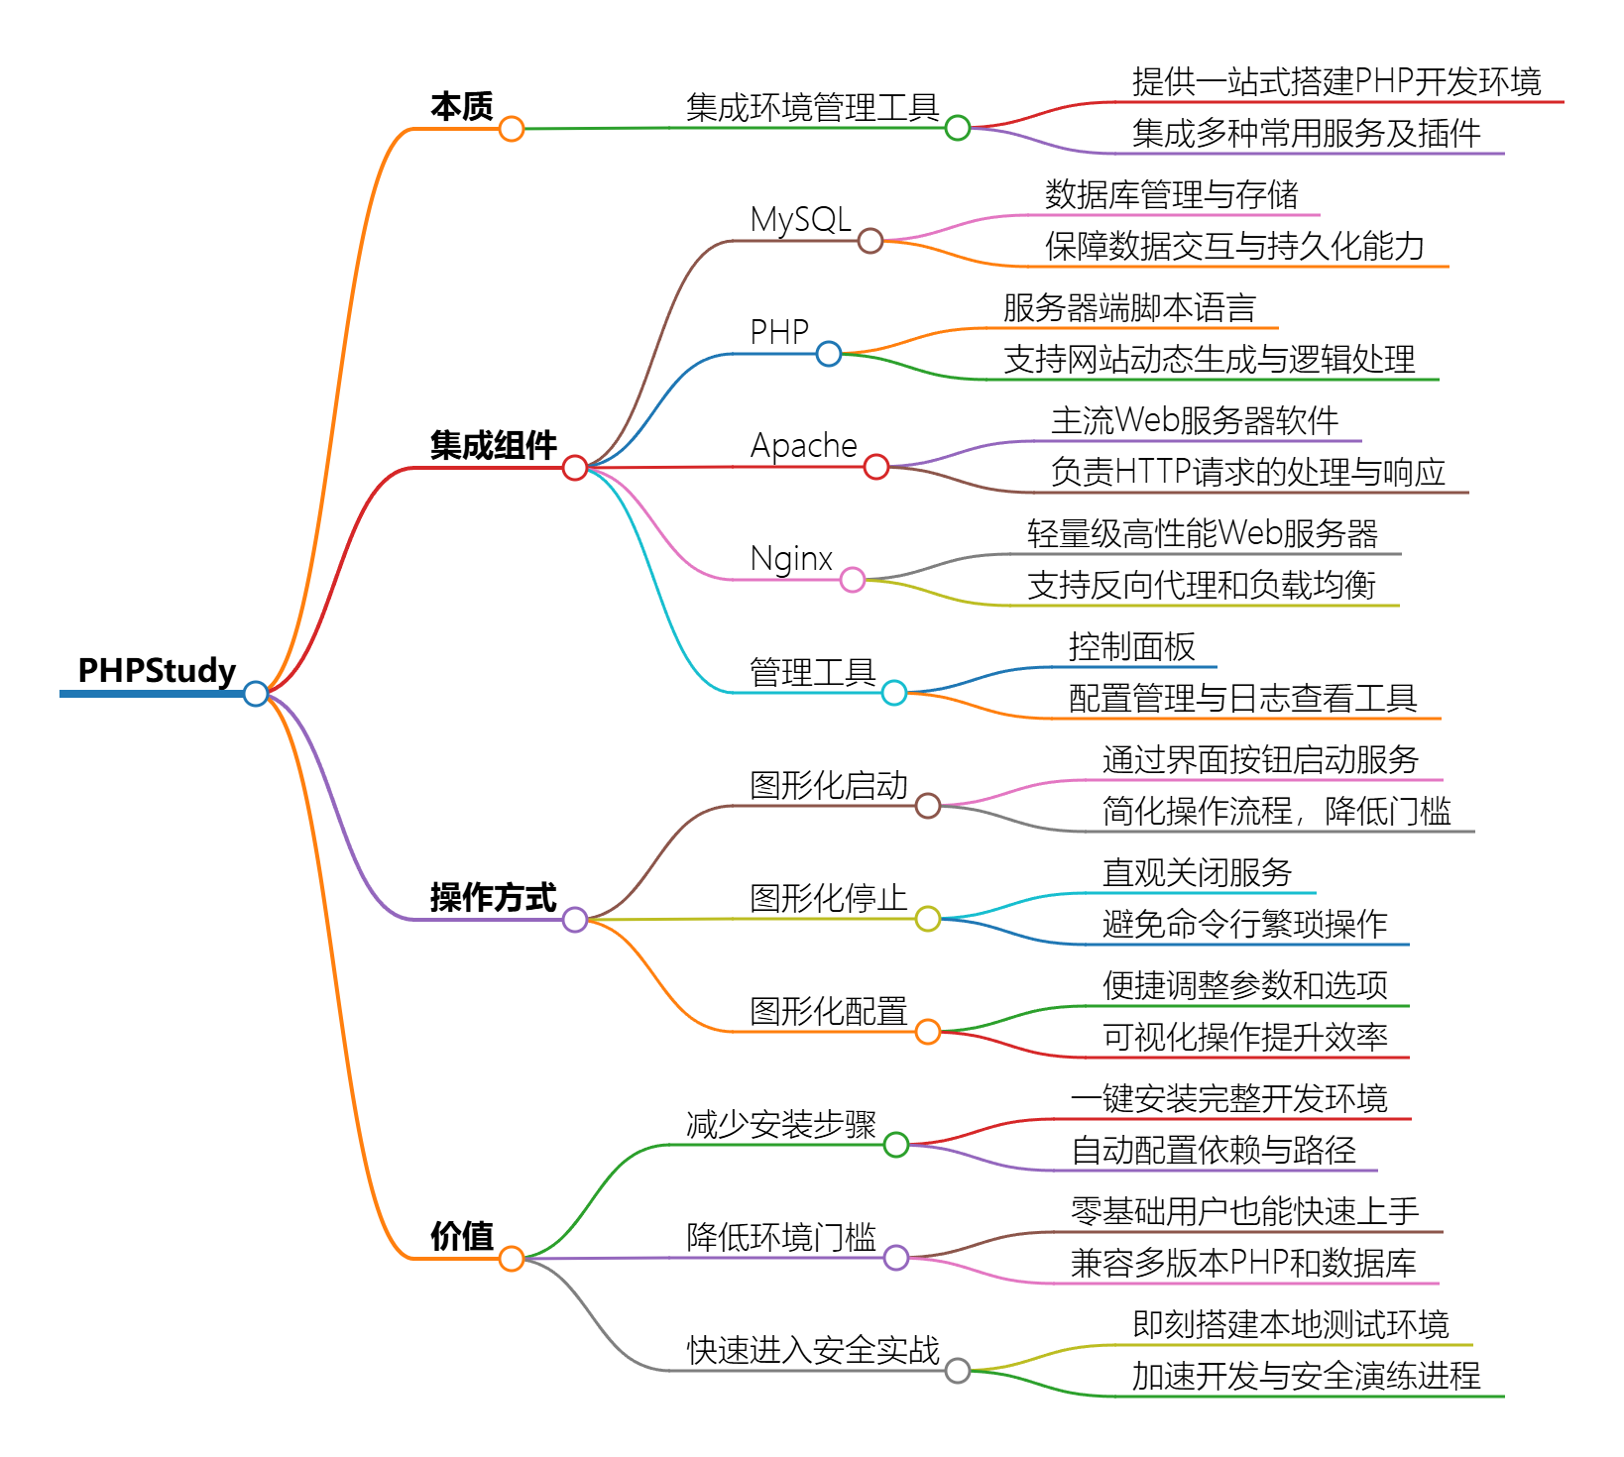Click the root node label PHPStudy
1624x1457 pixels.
click(x=157, y=671)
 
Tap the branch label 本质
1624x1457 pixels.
click(x=462, y=106)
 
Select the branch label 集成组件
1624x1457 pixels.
click(x=493, y=445)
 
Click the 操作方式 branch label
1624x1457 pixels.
click(x=493, y=897)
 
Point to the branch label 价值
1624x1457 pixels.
click(x=462, y=1236)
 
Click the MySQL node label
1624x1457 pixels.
click(x=800, y=219)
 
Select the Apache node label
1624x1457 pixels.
click(x=803, y=445)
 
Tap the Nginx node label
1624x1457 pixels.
click(x=791, y=558)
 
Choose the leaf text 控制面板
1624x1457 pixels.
click(x=1131, y=646)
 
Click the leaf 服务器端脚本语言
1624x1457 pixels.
click(x=1129, y=307)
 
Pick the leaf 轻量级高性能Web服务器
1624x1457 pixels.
click(x=1202, y=533)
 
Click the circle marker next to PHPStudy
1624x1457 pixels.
click(x=256, y=694)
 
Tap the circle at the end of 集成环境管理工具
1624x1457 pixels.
click(x=958, y=128)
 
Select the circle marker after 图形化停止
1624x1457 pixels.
click(x=928, y=919)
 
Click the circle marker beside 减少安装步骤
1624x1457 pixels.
click(x=896, y=1145)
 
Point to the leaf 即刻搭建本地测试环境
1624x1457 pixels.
click(x=1290, y=1324)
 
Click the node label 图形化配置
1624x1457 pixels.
click(x=828, y=1011)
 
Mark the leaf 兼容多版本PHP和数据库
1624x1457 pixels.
click(x=1243, y=1263)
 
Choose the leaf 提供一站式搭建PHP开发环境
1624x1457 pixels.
click(x=1336, y=81)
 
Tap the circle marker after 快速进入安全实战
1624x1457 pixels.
click(x=958, y=1371)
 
